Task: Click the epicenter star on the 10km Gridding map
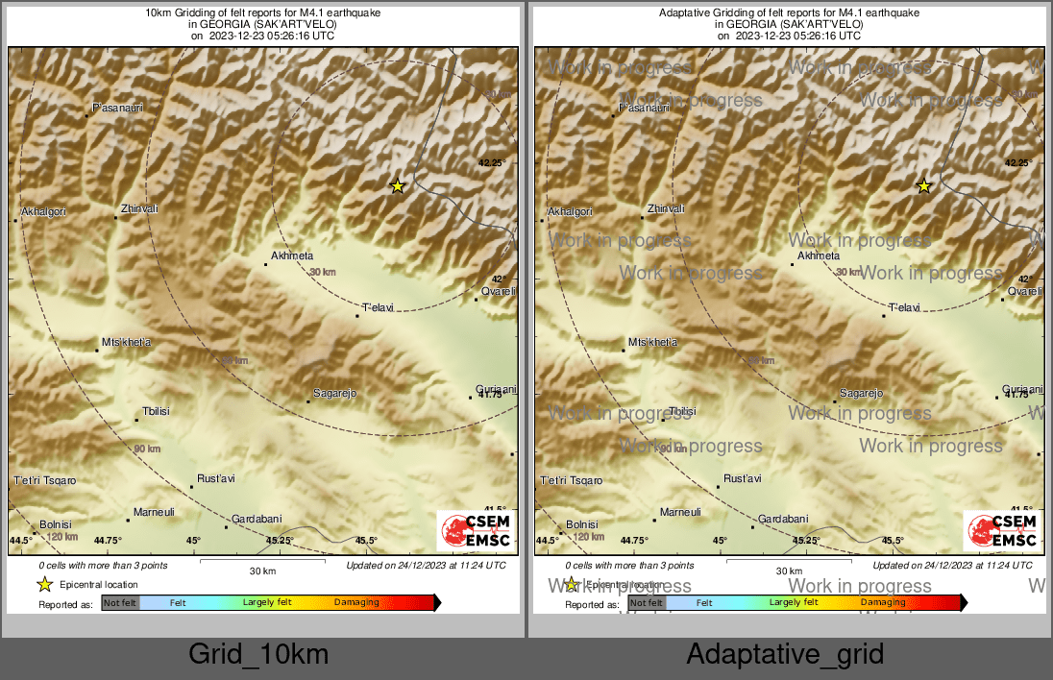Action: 398,186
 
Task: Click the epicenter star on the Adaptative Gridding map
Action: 924,186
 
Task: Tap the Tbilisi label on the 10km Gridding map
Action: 156,411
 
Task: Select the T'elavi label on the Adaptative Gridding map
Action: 904,307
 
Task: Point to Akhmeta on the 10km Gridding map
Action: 292,256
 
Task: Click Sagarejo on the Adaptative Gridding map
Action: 861,393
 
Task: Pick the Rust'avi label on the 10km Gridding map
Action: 215,478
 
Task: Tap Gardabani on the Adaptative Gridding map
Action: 783,519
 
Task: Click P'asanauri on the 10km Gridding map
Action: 117,109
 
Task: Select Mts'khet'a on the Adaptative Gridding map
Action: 652,342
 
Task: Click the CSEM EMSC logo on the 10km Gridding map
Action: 476,531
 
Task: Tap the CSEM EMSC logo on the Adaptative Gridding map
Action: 1002,531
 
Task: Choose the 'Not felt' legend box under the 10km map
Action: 120,603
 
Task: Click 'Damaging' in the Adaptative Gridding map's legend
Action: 883,603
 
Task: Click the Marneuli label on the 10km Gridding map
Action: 154,512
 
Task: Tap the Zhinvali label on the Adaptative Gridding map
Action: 666,208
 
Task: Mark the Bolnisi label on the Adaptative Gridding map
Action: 582,524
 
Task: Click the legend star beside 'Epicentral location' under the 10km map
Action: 44,584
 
